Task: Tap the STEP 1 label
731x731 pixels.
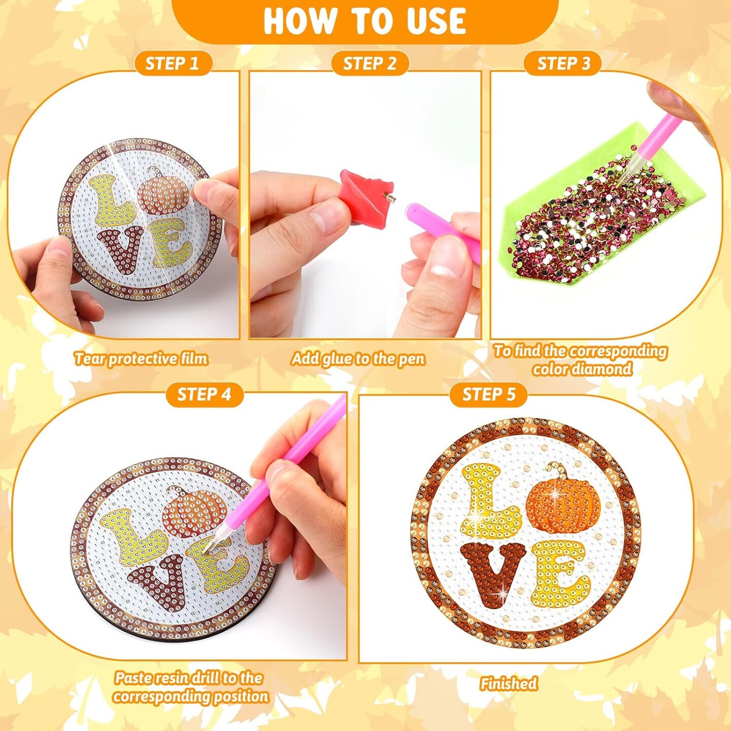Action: tap(172, 63)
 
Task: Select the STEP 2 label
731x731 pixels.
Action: tap(370, 63)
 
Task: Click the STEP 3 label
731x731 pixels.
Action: tap(563, 63)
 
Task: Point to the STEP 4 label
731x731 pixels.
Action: tap(204, 394)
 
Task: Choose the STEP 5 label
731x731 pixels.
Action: tap(488, 394)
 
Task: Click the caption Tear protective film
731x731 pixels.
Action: tap(141, 359)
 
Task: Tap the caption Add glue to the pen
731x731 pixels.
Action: tap(358, 359)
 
